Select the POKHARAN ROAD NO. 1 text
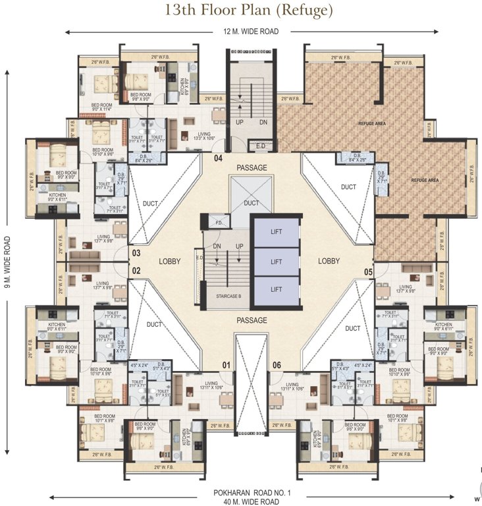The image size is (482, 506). [242, 493]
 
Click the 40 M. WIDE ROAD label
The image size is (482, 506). [242, 501]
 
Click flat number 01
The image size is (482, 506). [226, 365]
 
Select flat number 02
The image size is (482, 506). [136, 270]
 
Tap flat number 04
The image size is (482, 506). [217, 158]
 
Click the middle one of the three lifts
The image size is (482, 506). [277, 262]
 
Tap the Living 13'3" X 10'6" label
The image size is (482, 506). [206, 136]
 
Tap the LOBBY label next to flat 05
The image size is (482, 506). [329, 261]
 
